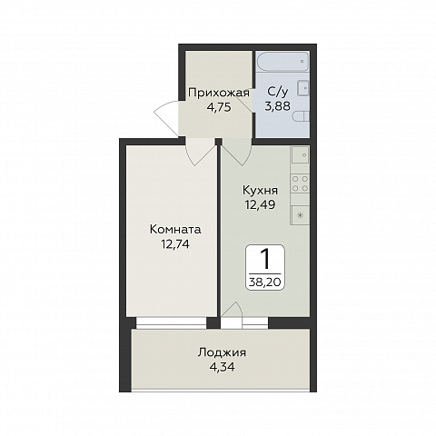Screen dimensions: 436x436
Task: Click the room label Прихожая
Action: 219,93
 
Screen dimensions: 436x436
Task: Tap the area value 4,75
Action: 219,107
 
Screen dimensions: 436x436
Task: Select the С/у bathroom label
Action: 277,92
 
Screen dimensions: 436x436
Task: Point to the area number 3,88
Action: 278,106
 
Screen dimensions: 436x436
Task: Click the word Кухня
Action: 260,191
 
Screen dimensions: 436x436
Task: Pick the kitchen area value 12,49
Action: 261,205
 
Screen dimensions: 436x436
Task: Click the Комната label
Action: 175,230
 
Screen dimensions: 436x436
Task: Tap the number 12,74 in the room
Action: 175,243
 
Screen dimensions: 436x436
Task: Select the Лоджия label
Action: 222,352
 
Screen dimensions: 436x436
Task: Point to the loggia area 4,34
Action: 223,367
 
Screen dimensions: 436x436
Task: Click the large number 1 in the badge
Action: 265,260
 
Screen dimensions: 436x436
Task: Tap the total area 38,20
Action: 265,282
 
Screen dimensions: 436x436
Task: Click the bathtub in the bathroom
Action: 282,62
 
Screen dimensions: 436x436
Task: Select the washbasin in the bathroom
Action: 303,88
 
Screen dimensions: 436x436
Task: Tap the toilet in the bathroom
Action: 302,116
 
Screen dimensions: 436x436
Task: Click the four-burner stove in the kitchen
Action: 300,183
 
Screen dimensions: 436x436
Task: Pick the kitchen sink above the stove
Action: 300,155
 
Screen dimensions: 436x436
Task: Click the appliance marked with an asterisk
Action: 300,215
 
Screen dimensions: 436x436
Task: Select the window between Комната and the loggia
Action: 171,322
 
